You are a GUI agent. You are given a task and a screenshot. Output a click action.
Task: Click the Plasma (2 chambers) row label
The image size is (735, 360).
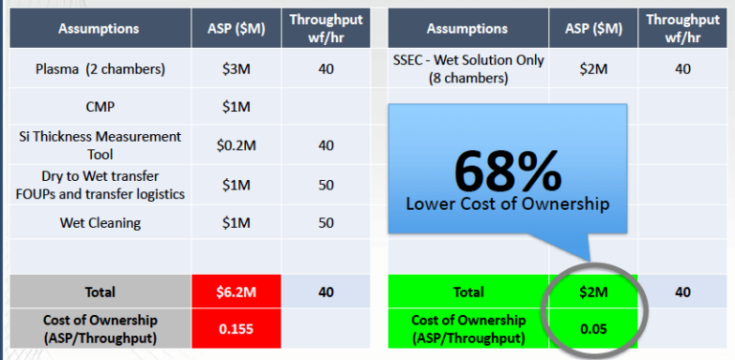(99, 69)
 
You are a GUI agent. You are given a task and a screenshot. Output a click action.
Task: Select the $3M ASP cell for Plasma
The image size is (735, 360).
(235, 69)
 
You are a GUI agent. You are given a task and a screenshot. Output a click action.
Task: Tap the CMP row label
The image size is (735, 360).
(99, 105)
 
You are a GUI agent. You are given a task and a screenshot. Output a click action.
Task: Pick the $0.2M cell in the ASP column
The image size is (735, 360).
(235, 145)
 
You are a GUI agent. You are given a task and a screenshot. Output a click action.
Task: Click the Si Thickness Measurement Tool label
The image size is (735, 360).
(99, 145)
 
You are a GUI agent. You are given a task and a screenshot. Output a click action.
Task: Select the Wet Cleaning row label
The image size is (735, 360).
(99, 223)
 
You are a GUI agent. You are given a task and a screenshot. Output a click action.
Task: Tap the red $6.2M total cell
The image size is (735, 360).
(235, 292)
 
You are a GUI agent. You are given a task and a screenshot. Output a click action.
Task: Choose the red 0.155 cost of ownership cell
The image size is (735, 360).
(235, 328)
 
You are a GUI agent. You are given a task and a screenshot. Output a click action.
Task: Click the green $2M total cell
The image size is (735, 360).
(589, 292)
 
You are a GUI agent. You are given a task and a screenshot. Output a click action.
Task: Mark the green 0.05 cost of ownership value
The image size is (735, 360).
(589, 328)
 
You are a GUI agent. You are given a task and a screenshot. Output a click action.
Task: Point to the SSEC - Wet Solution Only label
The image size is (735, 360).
(468, 69)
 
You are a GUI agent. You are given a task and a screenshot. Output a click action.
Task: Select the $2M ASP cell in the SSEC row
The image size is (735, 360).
(589, 69)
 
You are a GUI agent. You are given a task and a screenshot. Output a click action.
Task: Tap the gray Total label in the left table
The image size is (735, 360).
(99, 292)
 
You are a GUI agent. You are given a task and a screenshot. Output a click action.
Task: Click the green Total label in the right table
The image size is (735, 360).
(468, 292)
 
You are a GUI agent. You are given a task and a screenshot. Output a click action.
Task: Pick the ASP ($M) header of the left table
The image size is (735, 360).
(235, 29)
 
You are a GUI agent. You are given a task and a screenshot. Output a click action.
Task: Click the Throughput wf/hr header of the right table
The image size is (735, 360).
(682, 27)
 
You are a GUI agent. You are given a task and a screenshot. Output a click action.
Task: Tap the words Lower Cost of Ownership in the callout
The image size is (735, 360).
(507, 204)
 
